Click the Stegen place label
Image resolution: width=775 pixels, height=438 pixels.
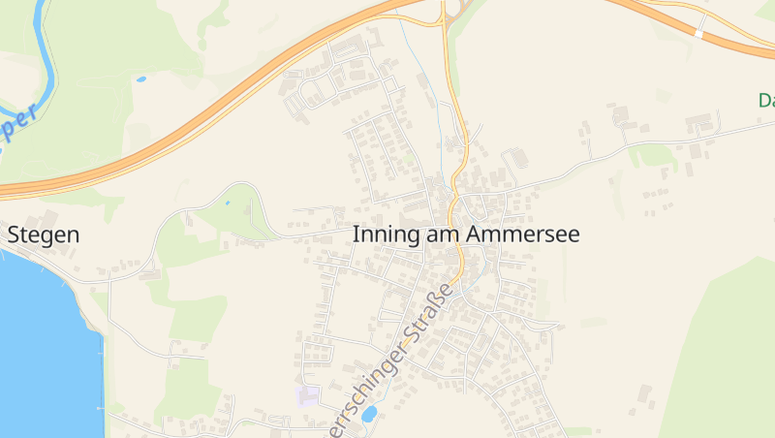44,235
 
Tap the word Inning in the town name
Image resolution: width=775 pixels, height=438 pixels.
387,235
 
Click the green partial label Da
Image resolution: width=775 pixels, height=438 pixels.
766,100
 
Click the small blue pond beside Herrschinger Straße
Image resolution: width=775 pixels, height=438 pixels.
369,414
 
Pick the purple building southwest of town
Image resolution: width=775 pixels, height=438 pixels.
308,395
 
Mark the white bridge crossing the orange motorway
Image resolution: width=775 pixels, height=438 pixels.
698,33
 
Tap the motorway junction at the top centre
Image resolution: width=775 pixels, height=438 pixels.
450,12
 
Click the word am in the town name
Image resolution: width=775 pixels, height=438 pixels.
446,235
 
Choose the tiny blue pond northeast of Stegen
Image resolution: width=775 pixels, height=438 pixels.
228,203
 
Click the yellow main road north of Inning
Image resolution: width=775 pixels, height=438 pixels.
464,136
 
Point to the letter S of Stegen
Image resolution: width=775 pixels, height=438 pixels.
15,235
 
